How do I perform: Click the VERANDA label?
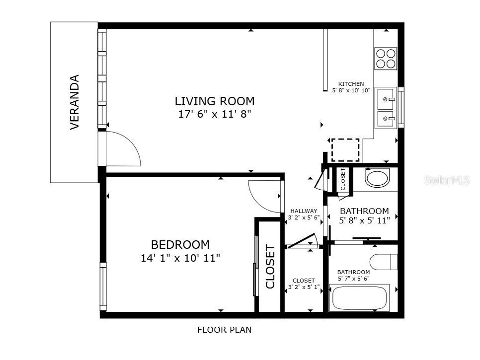[x=75, y=102]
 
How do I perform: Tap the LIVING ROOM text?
[x=214, y=101]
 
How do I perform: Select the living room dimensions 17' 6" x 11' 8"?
[x=214, y=114]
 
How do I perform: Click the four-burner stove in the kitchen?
[x=386, y=59]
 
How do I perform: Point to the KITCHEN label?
[x=351, y=84]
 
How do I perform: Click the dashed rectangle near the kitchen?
[x=345, y=149]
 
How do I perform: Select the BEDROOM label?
[x=180, y=245]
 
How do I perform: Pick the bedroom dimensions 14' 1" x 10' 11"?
[x=180, y=258]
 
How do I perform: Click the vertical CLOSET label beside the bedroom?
[x=270, y=267]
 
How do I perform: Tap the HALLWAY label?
[x=304, y=211]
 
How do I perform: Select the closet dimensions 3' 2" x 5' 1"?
[x=304, y=287]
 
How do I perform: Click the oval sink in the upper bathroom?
[x=378, y=178]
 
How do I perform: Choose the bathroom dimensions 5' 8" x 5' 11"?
[x=364, y=220]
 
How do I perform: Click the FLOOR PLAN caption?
[x=224, y=330]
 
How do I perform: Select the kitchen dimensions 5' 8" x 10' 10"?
[x=351, y=90]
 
